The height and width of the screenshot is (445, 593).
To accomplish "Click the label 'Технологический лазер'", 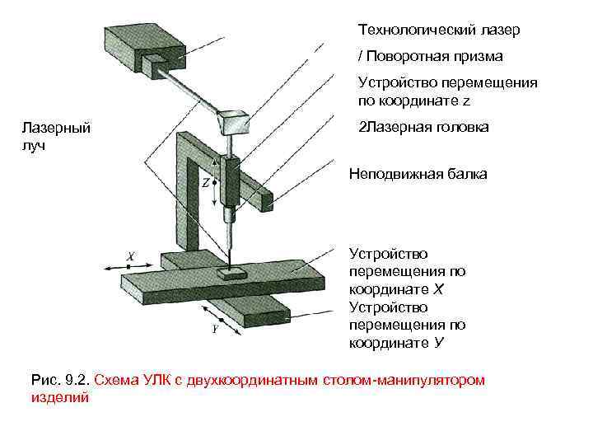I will point(438,30).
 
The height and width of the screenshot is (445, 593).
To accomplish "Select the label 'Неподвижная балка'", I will point(418,174).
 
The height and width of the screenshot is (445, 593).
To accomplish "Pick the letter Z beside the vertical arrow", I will point(205,183).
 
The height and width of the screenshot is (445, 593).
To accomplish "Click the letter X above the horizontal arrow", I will point(129,257).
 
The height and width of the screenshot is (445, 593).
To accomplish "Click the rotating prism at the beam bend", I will point(233,120).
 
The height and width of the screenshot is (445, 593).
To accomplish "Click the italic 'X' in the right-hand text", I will point(438,290).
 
